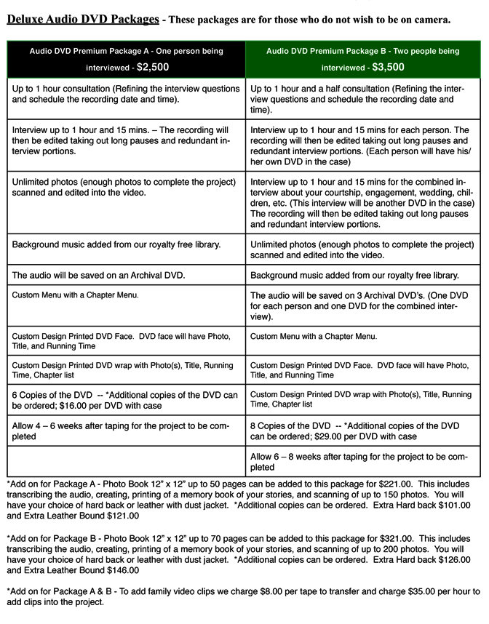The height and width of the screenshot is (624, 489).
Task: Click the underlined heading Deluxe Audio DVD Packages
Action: (x=83, y=19)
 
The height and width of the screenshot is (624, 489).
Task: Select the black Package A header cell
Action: (x=126, y=59)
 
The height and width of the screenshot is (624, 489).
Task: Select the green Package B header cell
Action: (x=363, y=59)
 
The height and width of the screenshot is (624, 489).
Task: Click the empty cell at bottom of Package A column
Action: (x=126, y=461)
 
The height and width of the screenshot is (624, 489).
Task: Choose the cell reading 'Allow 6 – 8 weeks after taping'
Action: (x=363, y=461)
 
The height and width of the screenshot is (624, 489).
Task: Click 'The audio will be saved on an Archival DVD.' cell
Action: (x=126, y=276)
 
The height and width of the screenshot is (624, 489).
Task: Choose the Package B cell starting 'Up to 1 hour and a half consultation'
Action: (x=363, y=99)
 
